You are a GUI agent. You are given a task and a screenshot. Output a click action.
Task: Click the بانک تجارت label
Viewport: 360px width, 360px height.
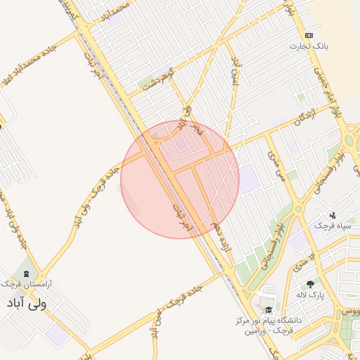pyautogui.click(x=309, y=46)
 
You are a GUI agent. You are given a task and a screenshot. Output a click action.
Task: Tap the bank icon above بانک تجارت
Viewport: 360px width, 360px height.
pyautogui.click(x=309, y=35)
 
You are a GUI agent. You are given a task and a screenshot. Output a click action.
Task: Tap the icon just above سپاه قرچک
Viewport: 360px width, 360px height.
pyautogui.click(x=332, y=215)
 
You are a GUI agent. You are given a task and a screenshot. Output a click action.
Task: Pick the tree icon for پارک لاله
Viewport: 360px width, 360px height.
pyautogui.click(x=310, y=284)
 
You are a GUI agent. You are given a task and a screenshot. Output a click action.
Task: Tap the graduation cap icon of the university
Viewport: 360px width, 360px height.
pyautogui.click(x=268, y=309)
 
